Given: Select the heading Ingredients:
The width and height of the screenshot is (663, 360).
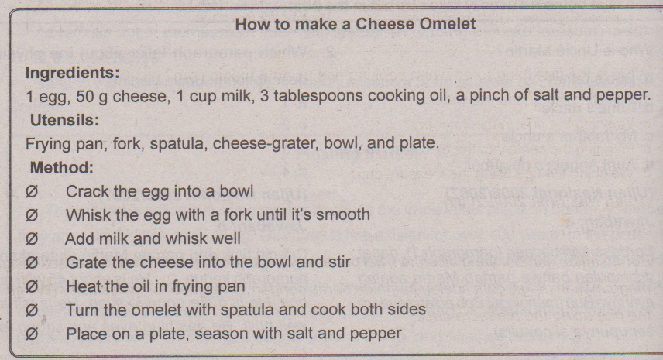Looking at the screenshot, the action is click(72, 73).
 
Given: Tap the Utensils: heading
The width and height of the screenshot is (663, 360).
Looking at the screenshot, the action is click(64, 121).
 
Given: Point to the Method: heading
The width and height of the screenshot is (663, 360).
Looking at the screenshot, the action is click(62, 168).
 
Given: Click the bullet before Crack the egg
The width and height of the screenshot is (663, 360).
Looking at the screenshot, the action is click(31, 192).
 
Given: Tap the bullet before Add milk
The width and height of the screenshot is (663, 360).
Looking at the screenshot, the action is click(31, 239).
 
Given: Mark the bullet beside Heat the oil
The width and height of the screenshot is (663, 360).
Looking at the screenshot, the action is click(31, 287).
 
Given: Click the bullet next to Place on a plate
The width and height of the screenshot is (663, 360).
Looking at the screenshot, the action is click(31, 334).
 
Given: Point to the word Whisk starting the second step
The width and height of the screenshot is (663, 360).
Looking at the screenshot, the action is click(87, 214).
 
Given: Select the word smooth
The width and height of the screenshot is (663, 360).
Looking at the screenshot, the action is click(343, 214).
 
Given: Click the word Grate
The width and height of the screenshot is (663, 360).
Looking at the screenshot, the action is click(86, 262).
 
